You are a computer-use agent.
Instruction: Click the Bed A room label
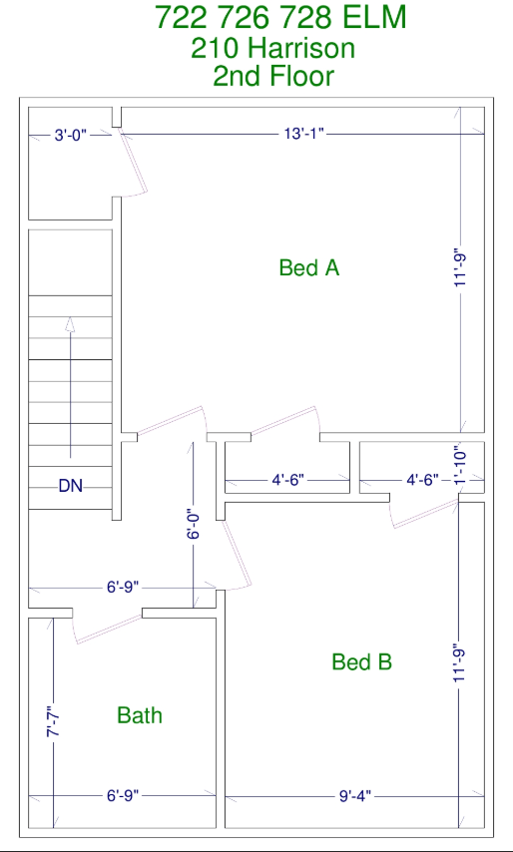click(309, 267)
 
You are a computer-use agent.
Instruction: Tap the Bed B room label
click(362, 661)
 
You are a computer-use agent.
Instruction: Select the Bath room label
click(140, 715)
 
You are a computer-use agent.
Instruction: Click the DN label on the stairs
click(71, 486)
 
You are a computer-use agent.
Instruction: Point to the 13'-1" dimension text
click(304, 134)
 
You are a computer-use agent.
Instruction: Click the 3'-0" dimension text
click(71, 136)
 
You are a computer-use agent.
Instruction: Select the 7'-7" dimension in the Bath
click(53, 721)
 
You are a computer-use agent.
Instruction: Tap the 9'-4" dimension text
click(355, 796)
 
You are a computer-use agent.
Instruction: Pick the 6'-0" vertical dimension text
click(194, 523)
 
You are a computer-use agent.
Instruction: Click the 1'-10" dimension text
click(460, 465)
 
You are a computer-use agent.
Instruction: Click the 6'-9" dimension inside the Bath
click(123, 796)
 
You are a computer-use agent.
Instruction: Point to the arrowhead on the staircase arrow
click(70, 324)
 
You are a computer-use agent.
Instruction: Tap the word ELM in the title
click(374, 17)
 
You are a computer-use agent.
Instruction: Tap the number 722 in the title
click(181, 17)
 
